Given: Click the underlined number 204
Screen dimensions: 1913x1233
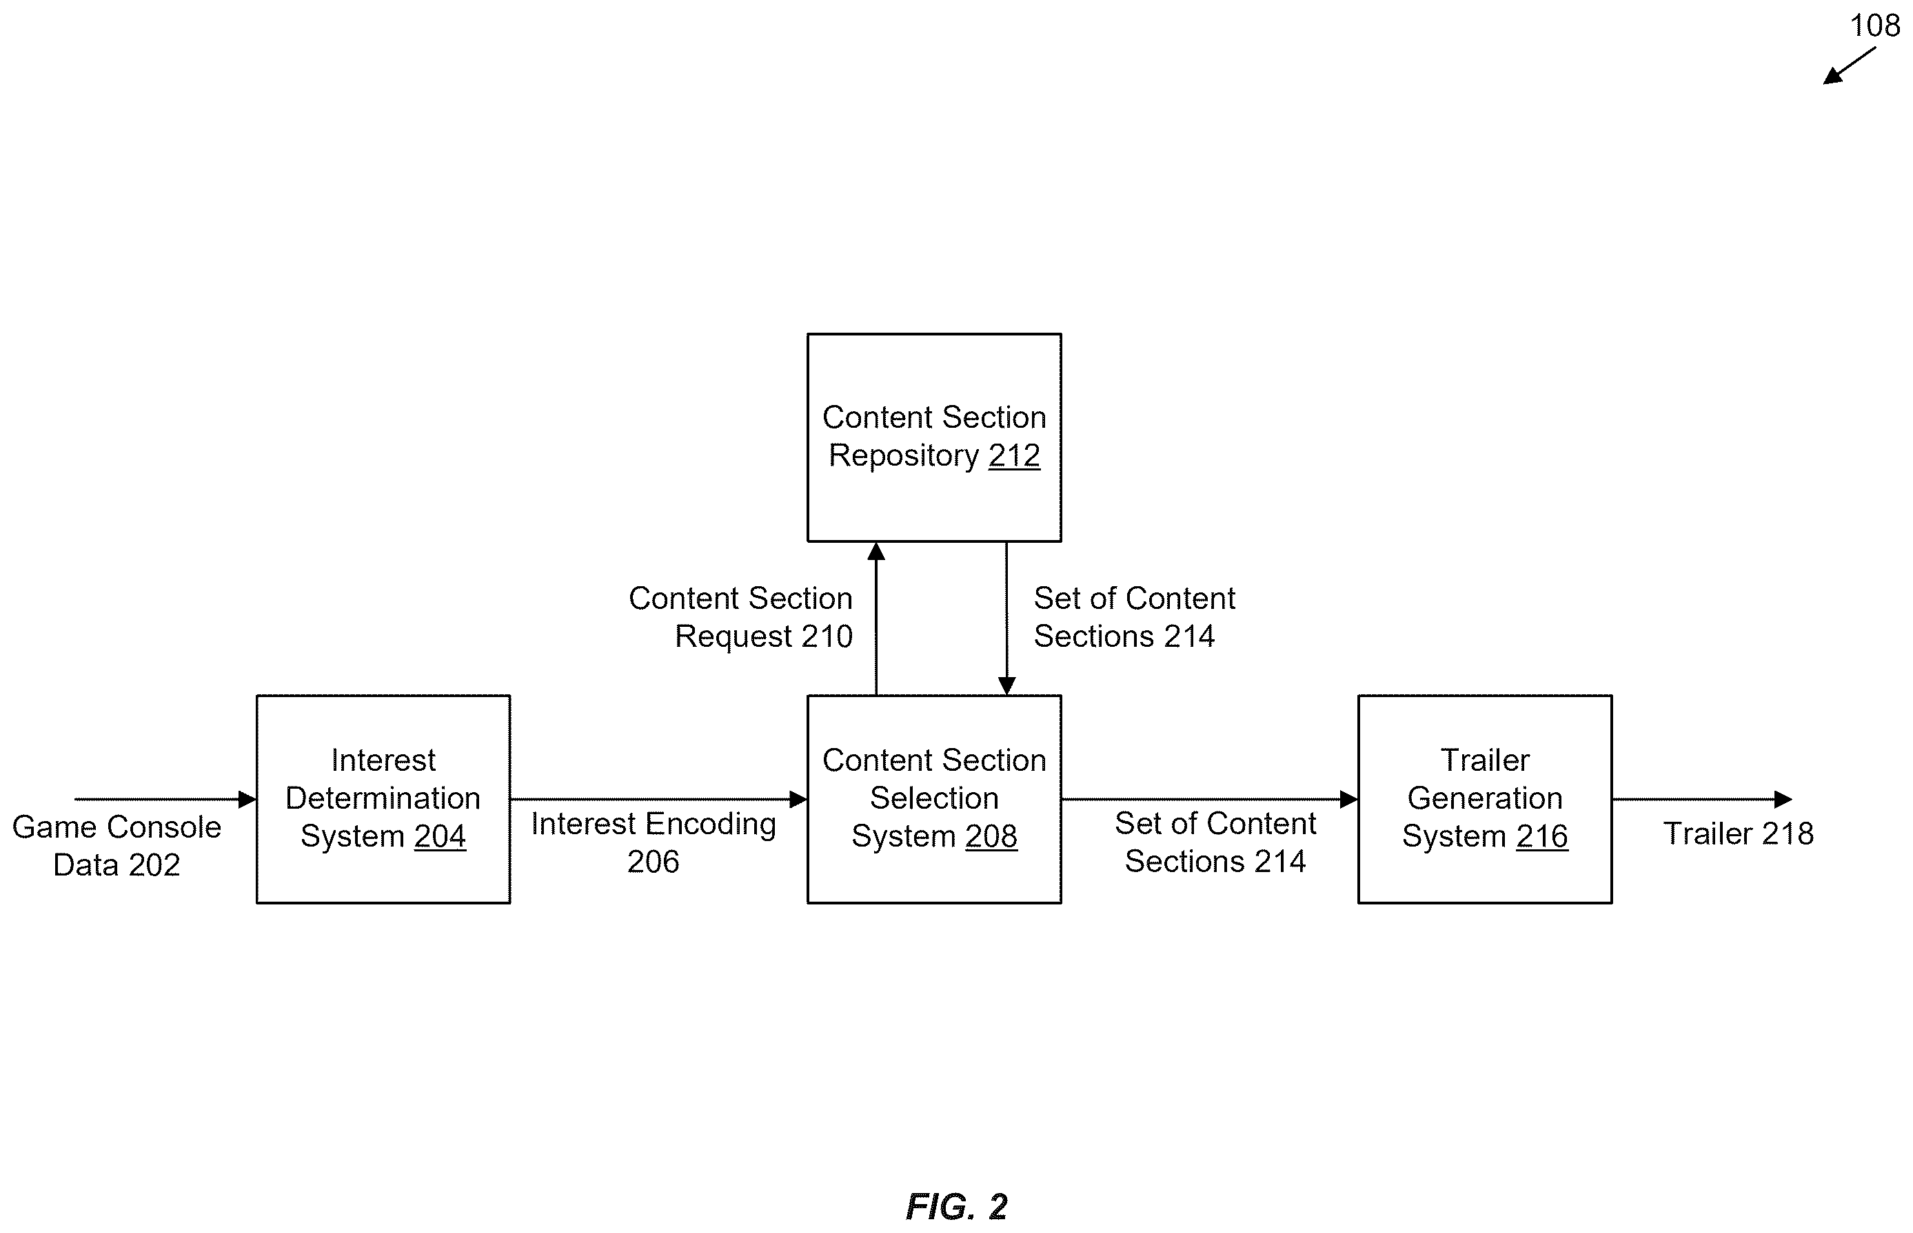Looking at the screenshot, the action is [x=440, y=836].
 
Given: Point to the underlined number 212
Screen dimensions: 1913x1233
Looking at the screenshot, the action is [x=1014, y=455].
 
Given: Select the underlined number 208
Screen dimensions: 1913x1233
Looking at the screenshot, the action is [x=991, y=836].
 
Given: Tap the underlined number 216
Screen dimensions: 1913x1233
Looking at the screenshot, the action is [x=1542, y=836].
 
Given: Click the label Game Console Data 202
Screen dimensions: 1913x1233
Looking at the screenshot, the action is [x=117, y=845].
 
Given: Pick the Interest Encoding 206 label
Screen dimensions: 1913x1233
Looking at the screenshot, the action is [x=653, y=842].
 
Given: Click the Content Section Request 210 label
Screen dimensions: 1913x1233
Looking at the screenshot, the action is [x=740, y=616].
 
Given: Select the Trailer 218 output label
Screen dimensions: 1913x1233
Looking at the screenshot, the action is [x=1738, y=833].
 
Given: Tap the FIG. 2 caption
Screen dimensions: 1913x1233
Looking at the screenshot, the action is [x=957, y=1205].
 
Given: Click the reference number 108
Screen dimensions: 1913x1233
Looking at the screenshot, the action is [x=1874, y=25].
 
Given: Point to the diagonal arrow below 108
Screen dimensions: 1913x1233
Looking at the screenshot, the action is [x=1849, y=65].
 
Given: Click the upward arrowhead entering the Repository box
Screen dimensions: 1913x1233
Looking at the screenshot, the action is [x=876, y=551].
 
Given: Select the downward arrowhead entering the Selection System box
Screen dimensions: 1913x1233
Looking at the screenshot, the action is [x=1007, y=685].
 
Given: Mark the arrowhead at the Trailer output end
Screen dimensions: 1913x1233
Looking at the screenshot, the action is [x=1783, y=799].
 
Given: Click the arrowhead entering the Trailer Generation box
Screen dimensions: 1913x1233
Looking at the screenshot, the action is [x=1349, y=799].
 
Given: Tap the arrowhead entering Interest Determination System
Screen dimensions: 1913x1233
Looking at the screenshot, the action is [x=247, y=799].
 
